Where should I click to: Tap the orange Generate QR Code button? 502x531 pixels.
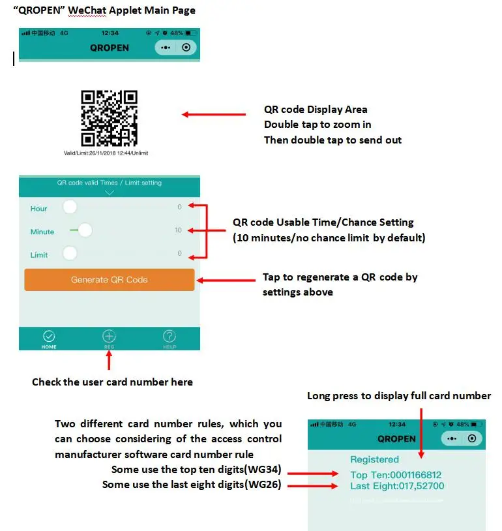110,280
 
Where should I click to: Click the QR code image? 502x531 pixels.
109,118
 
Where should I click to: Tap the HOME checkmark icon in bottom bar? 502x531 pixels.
49,337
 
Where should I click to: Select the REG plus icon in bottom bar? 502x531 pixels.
109,337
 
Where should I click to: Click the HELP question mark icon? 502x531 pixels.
170,337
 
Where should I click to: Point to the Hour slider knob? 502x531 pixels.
70,207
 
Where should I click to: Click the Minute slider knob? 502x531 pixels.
85,230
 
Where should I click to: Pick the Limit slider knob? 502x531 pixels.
70,254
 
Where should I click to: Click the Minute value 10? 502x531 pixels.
178,230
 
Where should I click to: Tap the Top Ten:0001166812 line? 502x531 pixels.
396,475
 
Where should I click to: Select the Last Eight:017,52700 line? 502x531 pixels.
397,486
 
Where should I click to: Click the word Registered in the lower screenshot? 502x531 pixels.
374,459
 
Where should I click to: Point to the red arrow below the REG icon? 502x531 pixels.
109,361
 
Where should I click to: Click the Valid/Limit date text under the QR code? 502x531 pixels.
106,153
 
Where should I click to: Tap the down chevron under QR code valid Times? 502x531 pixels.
109,192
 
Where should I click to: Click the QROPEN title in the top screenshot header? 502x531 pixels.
109,48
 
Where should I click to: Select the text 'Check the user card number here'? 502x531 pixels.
112,382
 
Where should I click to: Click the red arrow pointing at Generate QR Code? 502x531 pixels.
226,281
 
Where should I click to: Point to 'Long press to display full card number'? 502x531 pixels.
399,396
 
